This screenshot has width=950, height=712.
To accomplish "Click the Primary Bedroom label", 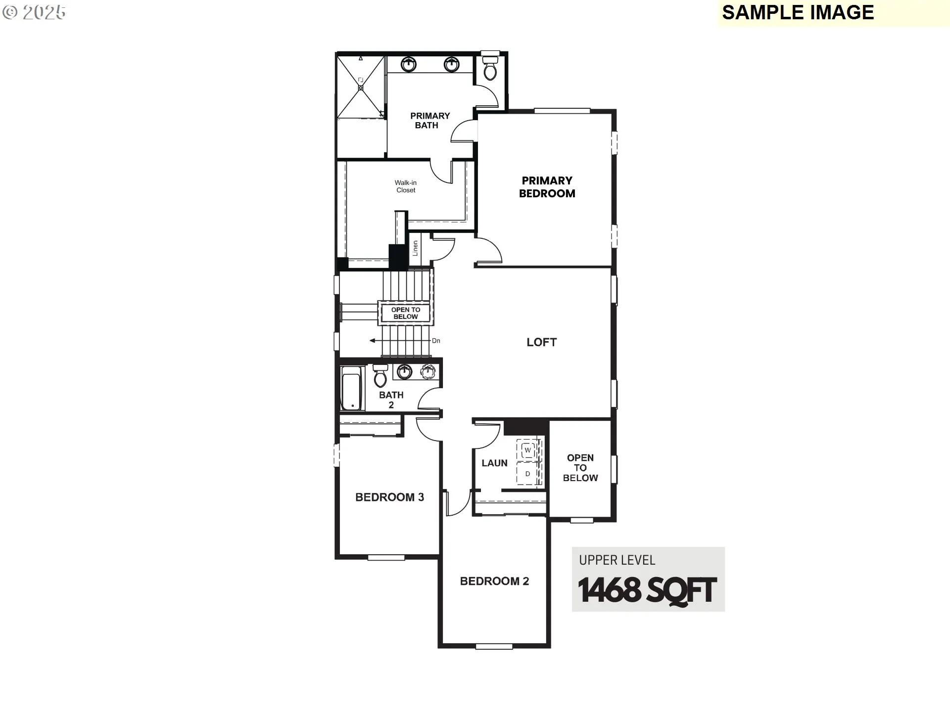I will [547, 187].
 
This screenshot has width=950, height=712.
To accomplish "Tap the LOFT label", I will [541, 342].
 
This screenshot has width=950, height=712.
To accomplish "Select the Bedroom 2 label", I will [494, 581].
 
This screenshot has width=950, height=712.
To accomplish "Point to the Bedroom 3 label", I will [389, 497].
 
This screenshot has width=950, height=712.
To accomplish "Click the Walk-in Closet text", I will [406, 186].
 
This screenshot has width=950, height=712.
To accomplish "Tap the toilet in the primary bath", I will [490, 69].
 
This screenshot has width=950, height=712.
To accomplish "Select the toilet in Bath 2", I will [380, 377].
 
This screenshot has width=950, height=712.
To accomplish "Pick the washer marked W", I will [527, 450].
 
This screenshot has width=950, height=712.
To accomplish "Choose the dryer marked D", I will [527, 474].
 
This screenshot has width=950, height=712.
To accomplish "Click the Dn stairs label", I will [436, 341].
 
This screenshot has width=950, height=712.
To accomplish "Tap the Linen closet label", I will [416, 248].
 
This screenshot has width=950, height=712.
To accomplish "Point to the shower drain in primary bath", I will [361, 88].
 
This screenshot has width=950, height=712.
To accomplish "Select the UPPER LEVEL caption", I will [617, 560].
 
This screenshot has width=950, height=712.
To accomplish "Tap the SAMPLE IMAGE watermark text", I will [798, 13].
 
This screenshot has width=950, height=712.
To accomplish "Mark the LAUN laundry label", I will [494, 463].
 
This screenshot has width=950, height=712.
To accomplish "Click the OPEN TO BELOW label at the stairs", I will [406, 313].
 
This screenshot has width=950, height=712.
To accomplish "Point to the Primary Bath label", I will [429, 121].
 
